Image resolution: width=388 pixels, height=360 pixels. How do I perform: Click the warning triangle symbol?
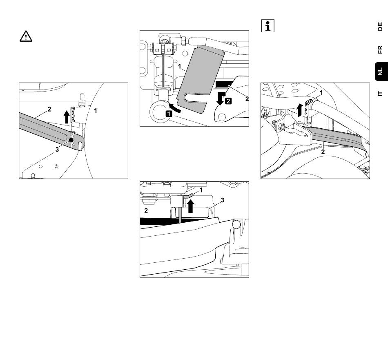tap(26, 36)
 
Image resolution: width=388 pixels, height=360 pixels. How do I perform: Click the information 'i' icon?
tap(268, 26)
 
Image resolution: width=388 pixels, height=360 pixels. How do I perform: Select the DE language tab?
tap(380, 27)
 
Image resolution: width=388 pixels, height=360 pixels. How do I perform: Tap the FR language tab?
tap(380, 49)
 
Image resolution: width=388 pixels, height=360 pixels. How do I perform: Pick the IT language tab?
tap(380, 94)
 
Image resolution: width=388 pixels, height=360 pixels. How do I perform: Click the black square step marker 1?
tap(169, 114)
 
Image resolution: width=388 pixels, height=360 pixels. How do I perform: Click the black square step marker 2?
tap(228, 101)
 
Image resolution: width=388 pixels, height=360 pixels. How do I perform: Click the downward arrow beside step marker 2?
tap(221, 99)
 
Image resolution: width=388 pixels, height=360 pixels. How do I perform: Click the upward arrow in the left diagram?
tap(67, 117)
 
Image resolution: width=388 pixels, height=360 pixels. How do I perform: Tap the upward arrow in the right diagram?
tap(299, 110)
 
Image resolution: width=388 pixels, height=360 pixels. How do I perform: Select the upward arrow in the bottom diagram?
tap(190, 206)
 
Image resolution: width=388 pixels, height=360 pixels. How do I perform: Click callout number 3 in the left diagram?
tap(57, 150)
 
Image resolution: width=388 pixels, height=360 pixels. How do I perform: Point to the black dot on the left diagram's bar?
tap(71, 140)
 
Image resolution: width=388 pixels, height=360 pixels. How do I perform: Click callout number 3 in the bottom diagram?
tap(223, 200)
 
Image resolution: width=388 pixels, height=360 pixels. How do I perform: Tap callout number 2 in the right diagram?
tap(323, 152)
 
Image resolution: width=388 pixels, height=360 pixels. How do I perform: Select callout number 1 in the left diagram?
tap(95, 111)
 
